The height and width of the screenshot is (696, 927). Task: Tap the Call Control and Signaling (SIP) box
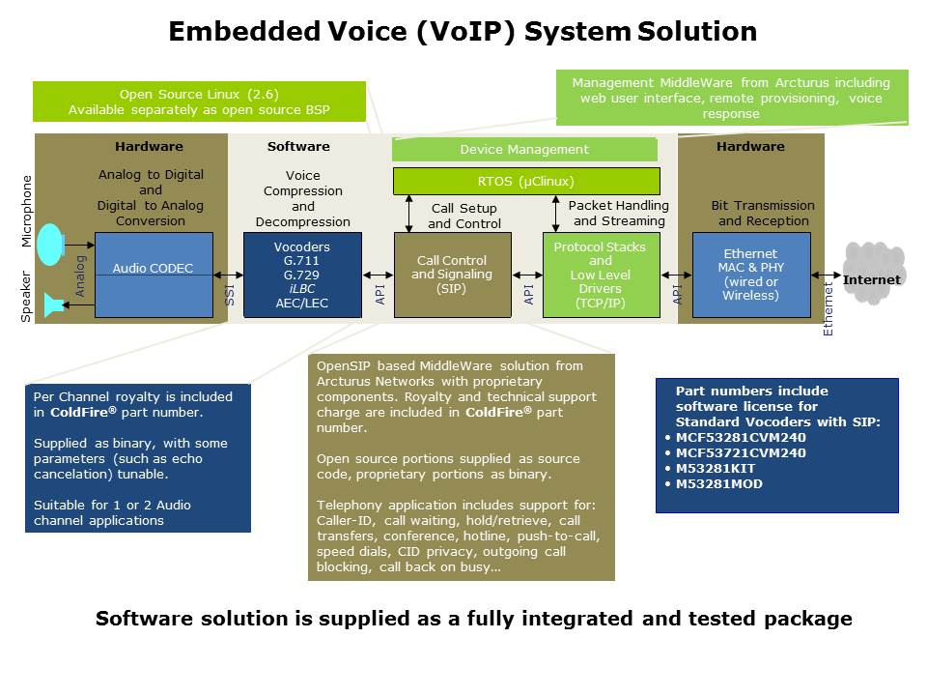[x=452, y=275]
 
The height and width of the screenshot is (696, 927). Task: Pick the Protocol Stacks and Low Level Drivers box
[x=600, y=275]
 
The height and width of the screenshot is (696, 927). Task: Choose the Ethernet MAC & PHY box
[x=750, y=275]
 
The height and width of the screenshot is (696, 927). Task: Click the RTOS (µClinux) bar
[x=525, y=181]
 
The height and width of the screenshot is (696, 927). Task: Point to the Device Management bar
[x=524, y=150]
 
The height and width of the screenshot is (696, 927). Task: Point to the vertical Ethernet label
[x=828, y=309]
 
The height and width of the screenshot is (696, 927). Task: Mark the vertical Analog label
[x=81, y=275]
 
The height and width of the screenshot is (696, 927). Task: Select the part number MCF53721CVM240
[x=740, y=452]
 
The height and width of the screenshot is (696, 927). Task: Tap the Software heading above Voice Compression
[x=298, y=147]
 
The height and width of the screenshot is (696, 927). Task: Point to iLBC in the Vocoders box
[x=302, y=289]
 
